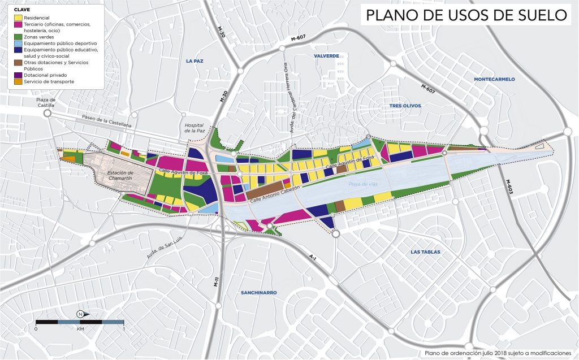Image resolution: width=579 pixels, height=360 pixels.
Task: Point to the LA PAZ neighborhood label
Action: point(194,60)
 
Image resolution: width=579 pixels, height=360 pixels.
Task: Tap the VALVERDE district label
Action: point(326,56)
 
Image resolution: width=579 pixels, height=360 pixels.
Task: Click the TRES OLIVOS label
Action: point(405,106)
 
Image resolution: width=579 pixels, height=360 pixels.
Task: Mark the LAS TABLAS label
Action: point(425,252)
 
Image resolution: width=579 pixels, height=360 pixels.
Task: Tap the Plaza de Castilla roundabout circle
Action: point(47,113)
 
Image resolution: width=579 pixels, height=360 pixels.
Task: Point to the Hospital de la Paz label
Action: point(193,128)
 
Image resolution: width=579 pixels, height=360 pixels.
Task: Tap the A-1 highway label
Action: point(312,257)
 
